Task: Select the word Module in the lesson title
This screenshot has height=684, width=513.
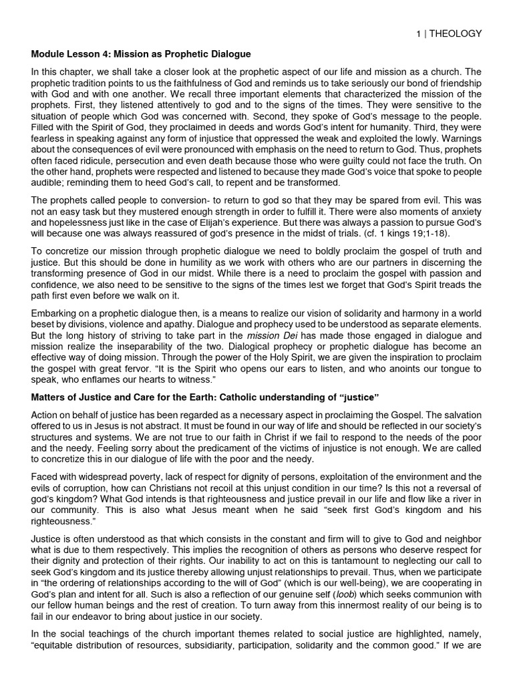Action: [49, 53]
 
